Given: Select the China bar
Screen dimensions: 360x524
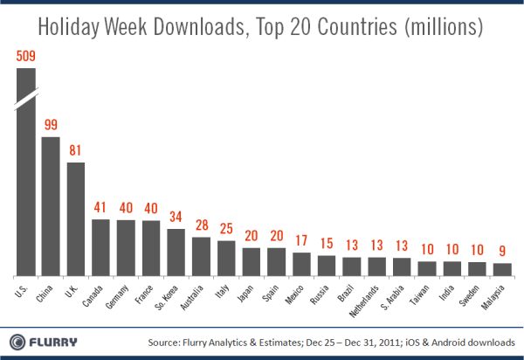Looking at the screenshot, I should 51,205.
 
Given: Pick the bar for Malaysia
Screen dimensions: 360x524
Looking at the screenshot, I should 503,268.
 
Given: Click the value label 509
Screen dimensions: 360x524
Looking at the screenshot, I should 26,57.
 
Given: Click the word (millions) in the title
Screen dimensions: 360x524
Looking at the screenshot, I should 440,27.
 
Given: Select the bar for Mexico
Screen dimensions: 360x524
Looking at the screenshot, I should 302,263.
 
